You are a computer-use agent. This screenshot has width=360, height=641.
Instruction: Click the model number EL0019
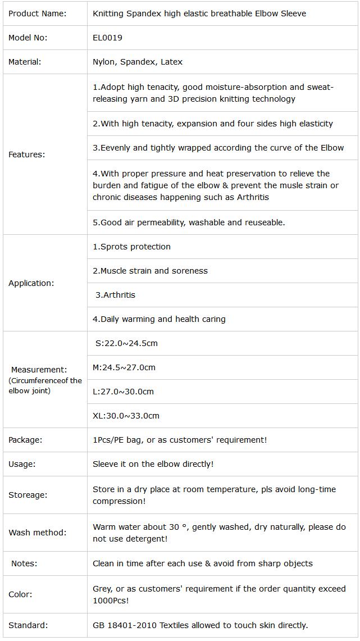107,38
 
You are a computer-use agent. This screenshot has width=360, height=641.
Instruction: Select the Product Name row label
37,13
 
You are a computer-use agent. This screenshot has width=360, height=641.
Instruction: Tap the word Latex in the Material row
172,62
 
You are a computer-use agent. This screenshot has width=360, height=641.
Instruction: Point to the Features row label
27,154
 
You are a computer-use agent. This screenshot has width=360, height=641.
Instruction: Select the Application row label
31,283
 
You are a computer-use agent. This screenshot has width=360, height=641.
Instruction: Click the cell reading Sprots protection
132,247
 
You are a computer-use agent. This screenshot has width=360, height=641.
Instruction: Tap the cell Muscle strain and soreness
151,271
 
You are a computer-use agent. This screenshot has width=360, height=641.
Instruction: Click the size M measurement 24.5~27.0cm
124,367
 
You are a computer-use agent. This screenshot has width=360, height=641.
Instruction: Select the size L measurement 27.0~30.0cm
123,392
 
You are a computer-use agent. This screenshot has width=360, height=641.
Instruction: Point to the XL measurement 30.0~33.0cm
126,416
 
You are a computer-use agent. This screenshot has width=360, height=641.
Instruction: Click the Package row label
25,440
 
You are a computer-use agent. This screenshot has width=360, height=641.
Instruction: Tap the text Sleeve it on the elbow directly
153,464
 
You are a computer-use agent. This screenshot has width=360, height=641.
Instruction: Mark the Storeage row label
28,495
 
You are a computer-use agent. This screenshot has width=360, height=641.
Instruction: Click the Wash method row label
37,533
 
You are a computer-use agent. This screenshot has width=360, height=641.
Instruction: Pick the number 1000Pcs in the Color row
111,601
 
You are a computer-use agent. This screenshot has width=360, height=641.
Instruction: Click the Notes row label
24,563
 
